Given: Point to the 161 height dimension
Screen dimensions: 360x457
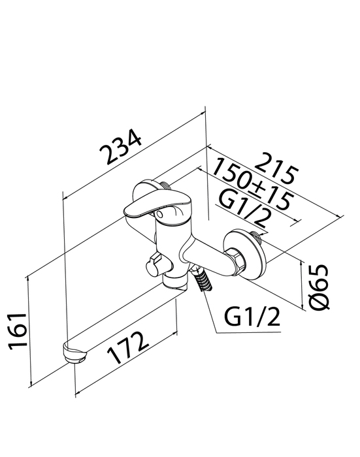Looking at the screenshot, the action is coord(17,332).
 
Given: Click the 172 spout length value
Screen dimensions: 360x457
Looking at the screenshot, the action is coord(127,347).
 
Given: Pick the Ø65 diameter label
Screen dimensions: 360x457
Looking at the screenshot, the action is coord(319,287).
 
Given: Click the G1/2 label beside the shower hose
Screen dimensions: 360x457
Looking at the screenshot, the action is coord(252,317).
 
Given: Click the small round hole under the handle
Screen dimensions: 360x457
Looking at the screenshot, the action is coord(159,215).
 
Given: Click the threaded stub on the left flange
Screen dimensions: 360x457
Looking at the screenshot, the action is coord(165,185).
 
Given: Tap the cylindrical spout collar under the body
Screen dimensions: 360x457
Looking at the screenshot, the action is coord(174,280).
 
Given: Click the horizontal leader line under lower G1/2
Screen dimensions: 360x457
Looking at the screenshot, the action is coord(248,332).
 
